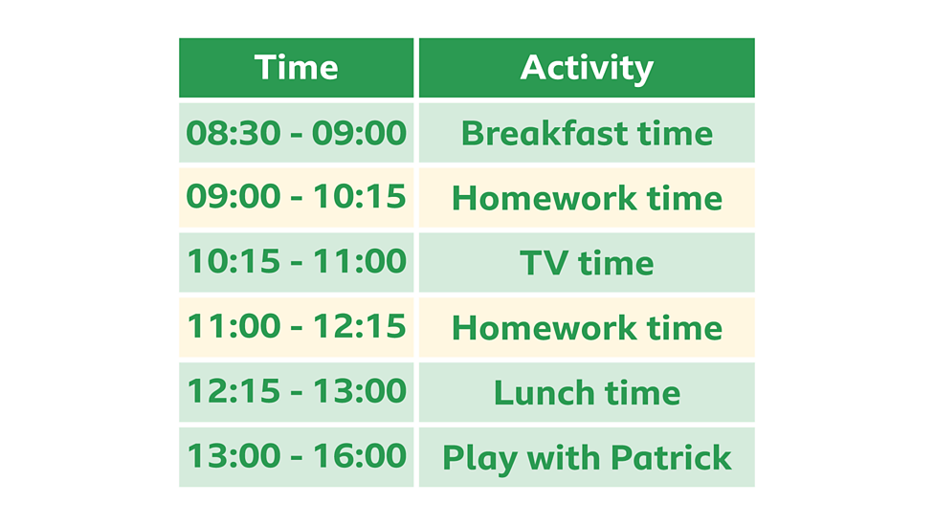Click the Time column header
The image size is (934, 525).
coord(296,68)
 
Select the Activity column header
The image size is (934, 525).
coord(587,68)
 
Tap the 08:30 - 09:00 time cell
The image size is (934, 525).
coord(296,133)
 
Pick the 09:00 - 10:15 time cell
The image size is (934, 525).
coord(296,198)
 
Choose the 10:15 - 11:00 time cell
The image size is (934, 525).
coord(296,262)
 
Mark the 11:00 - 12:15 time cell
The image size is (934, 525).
coord(296,327)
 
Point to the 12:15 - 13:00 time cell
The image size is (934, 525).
coord(296,392)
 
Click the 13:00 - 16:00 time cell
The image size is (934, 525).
coord(296,457)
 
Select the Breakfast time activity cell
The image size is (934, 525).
coord(587,133)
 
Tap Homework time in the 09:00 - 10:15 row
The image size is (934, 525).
coord(587,198)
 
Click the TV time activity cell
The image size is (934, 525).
coord(587,262)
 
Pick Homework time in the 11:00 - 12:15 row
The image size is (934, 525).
coord(587,327)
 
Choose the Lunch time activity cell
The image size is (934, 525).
coord(587,392)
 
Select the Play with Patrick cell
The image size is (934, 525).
coord(587,457)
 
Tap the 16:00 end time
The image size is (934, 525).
coord(363,457)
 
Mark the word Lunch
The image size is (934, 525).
coord(539,392)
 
